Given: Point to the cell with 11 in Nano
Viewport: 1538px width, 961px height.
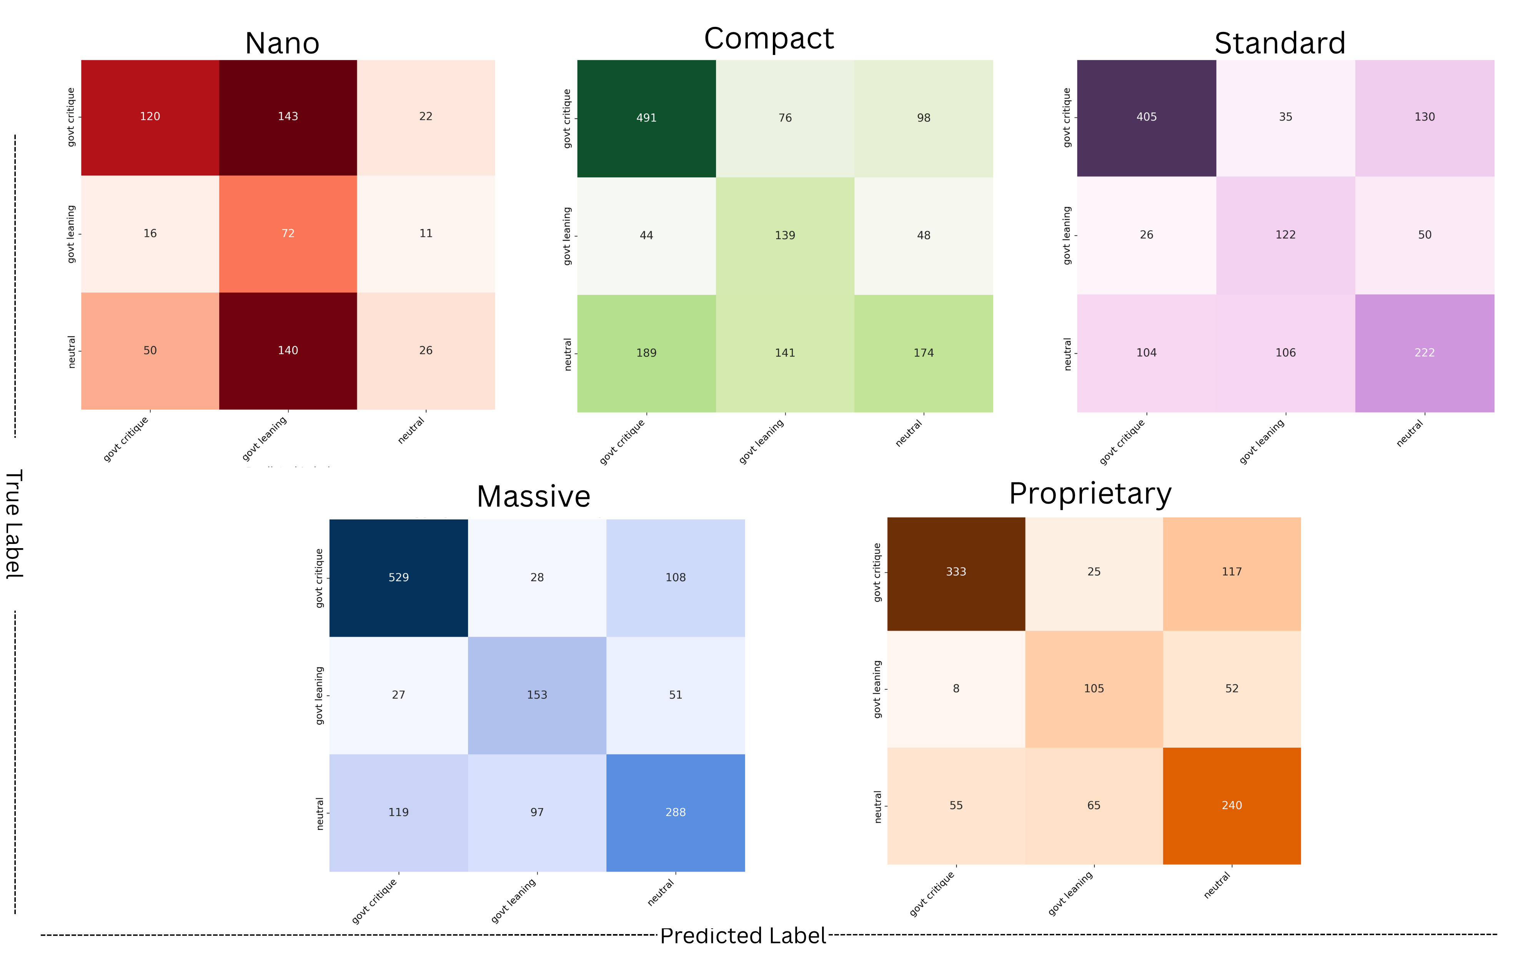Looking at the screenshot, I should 425,234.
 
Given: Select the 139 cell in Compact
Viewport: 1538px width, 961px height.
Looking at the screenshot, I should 784,236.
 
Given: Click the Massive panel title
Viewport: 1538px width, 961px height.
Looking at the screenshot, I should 533,496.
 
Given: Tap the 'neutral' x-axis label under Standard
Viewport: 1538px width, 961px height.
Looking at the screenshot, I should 1410,434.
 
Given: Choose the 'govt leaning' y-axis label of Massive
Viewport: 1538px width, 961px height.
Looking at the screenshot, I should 319,695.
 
